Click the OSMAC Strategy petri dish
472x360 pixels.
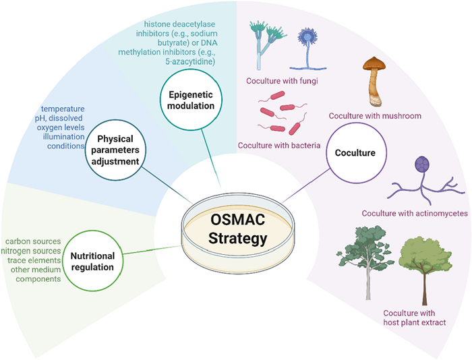[x=239, y=229]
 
